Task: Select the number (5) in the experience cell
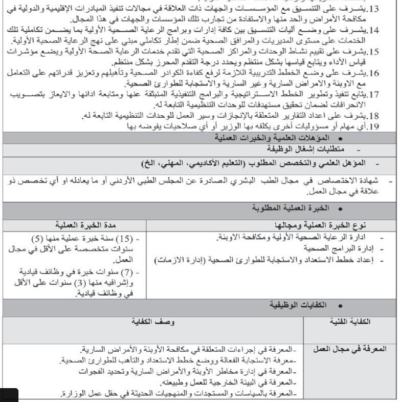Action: tap(35, 239)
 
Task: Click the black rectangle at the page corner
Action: tap(9, 395)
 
